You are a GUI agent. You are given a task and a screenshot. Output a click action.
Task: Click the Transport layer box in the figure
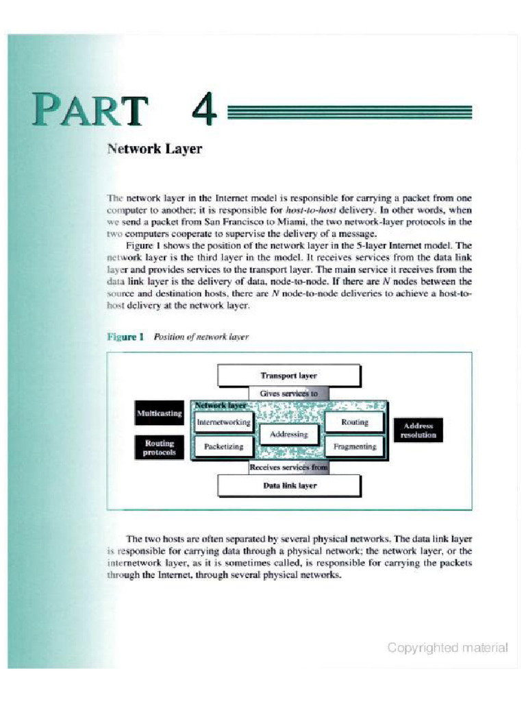[x=288, y=376]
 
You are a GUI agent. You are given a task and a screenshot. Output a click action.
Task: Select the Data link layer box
[x=288, y=485]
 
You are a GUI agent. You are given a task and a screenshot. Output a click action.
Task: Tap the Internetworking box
[x=223, y=422]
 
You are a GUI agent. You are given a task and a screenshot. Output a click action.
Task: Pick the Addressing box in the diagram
[x=288, y=434]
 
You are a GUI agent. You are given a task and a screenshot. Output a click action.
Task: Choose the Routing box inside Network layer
[x=354, y=422]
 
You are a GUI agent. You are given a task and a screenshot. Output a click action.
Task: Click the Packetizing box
[x=223, y=446]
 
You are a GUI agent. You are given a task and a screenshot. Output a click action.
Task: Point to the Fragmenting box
[x=354, y=446]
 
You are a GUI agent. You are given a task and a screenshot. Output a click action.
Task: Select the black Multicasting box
[x=159, y=413]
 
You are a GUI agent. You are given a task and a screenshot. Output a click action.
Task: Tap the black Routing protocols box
[x=159, y=448]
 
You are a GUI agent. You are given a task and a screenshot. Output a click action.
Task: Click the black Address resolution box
[x=418, y=431]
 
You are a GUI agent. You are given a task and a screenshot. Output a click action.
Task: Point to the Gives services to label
[x=288, y=394]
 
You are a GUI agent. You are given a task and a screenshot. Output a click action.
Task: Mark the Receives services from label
[x=288, y=468]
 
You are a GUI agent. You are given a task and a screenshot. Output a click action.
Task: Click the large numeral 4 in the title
[x=204, y=110]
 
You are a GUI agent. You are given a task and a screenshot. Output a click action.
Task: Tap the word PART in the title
[x=89, y=110]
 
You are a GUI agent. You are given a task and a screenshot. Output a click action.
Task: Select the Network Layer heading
[x=154, y=149]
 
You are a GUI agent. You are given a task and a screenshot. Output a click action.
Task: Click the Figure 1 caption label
[x=125, y=337]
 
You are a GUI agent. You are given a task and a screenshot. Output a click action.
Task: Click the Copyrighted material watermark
[x=447, y=647]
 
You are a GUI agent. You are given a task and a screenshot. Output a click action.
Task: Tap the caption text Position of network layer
[x=201, y=337]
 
